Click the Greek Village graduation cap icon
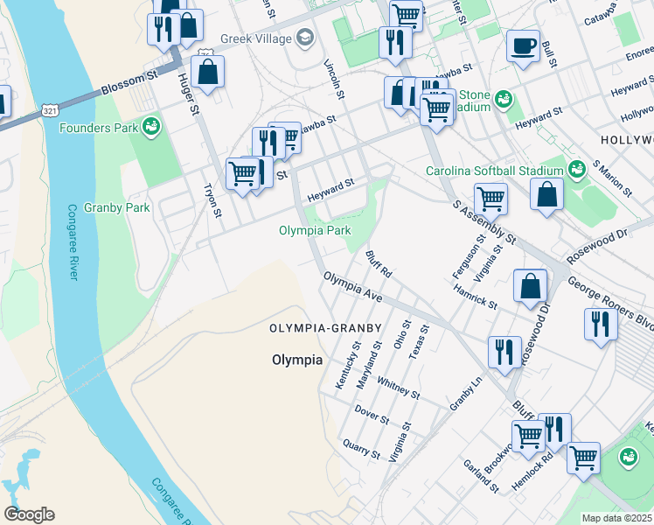(x=305, y=37)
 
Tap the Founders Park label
(x=99, y=128)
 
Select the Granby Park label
(x=117, y=207)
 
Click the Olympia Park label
(x=315, y=231)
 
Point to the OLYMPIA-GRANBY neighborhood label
(x=325, y=328)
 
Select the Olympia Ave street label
(x=353, y=287)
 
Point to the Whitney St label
(x=398, y=388)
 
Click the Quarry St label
(x=361, y=449)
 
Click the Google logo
(x=29, y=514)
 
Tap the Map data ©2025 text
(x=616, y=518)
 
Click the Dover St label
(x=372, y=414)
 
